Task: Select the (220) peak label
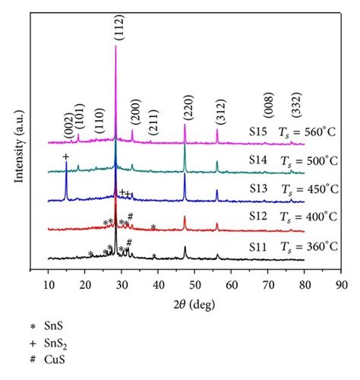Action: [187, 111]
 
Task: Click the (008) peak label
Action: [267, 107]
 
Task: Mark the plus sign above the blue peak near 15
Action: [66, 157]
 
